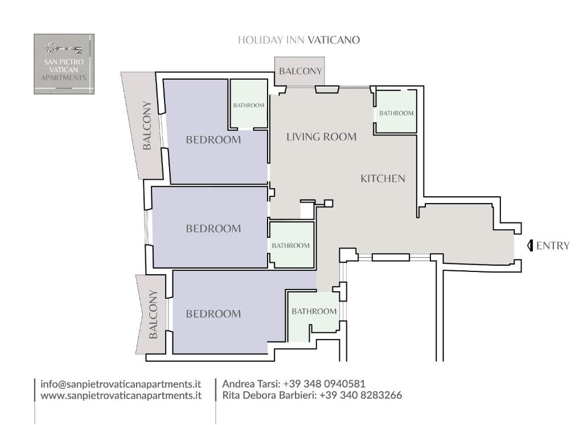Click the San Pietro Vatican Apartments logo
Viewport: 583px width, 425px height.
pyautogui.click(x=64, y=64)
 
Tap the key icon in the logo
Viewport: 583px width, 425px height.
pyautogui.click(x=64, y=48)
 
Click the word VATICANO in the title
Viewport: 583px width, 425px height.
pyautogui.click(x=334, y=40)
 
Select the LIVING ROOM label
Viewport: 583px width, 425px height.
pyautogui.click(x=321, y=137)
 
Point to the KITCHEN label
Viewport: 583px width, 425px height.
pyautogui.click(x=383, y=179)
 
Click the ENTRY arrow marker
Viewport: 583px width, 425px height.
pyautogui.click(x=530, y=246)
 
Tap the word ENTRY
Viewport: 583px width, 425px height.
pyautogui.click(x=553, y=246)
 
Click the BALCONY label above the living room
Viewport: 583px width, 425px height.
pyautogui.click(x=300, y=71)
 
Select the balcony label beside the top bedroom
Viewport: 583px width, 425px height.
pyautogui.click(x=147, y=125)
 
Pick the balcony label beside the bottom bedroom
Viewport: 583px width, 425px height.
pyautogui.click(x=153, y=314)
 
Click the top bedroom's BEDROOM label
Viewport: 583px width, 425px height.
pyautogui.click(x=214, y=140)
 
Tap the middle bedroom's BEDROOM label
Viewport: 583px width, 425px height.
pyautogui.click(x=214, y=229)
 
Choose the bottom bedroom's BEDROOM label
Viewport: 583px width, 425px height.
pyautogui.click(x=214, y=314)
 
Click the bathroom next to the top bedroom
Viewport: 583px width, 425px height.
pyautogui.click(x=249, y=105)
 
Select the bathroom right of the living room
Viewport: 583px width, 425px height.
pyautogui.click(x=396, y=113)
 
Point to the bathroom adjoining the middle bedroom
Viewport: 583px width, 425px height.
pyautogui.click(x=291, y=246)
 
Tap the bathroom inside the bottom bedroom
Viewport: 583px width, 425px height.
pyautogui.click(x=314, y=311)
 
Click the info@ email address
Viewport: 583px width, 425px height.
pyautogui.click(x=121, y=384)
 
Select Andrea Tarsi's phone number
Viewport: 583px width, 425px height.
pyautogui.click(x=324, y=384)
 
